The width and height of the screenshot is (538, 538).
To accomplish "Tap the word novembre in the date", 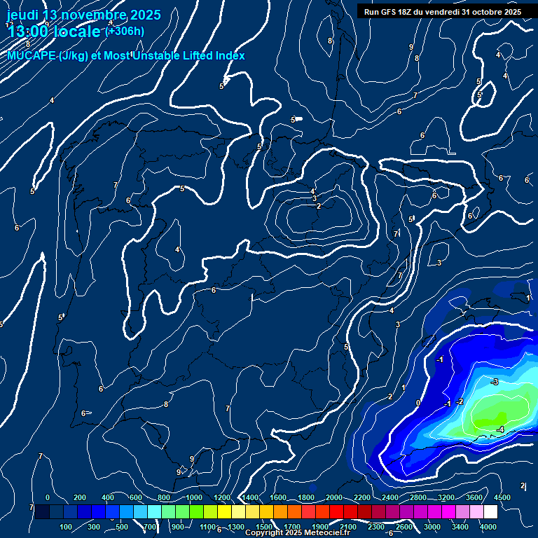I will click(92, 15).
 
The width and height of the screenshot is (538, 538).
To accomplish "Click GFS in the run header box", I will click(389, 12).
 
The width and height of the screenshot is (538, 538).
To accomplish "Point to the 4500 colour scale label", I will click(502, 497).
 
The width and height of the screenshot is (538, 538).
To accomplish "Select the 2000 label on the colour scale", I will click(335, 497).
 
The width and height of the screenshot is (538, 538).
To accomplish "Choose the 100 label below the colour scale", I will click(67, 527).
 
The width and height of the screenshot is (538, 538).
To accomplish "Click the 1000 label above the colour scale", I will click(194, 497).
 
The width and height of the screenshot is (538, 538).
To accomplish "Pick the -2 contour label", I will click(460, 401).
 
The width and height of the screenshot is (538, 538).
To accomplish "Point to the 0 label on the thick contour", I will click(418, 403).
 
